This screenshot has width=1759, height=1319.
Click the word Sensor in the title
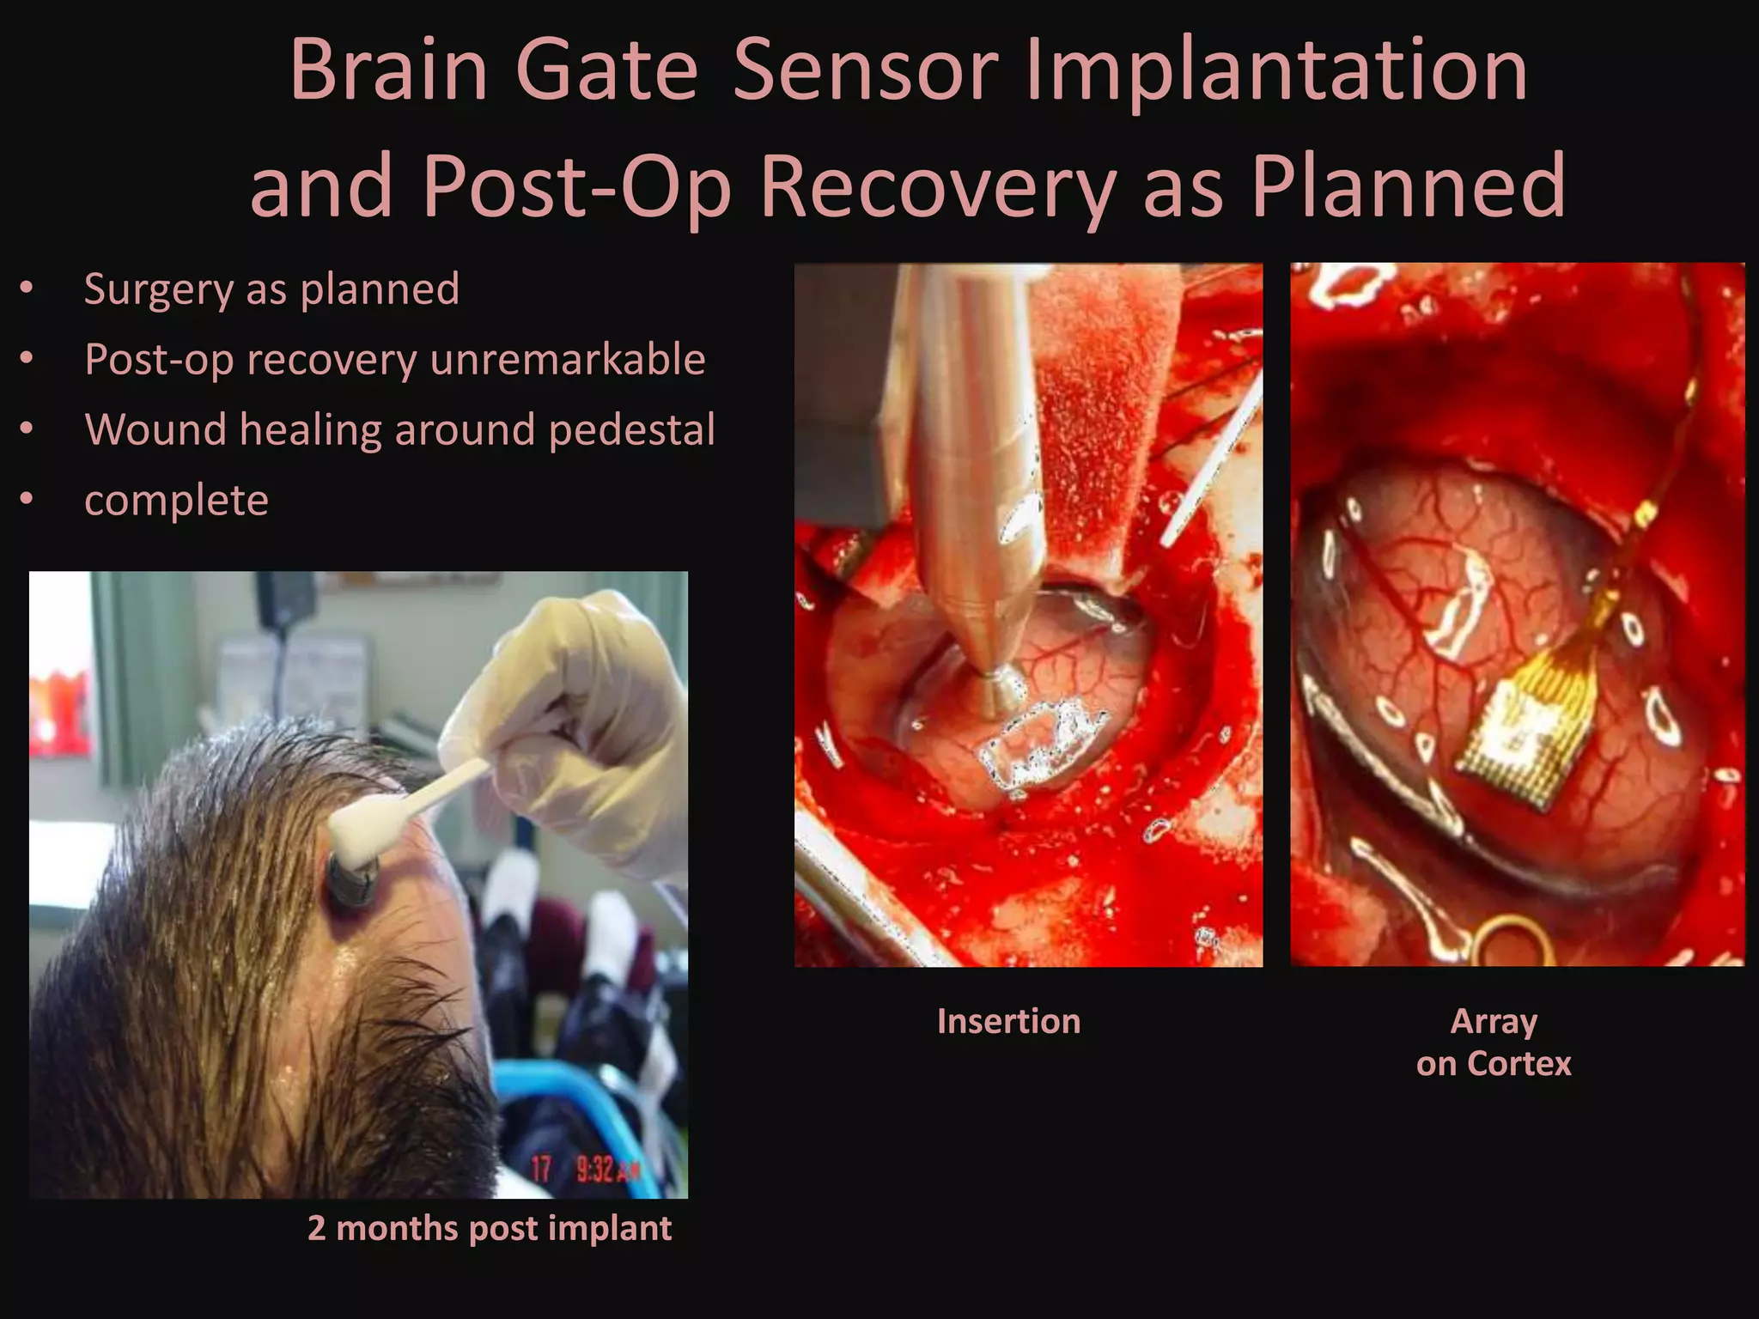pyautogui.click(x=865, y=70)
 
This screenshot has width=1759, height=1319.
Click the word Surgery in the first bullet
pyautogui.click(x=158, y=289)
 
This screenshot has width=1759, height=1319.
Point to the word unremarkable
pyautogui.click(x=568, y=359)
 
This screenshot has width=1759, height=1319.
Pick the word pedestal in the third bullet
pyautogui.click(x=631, y=429)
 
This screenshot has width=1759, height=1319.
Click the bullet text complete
pyautogui.click(x=176, y=500)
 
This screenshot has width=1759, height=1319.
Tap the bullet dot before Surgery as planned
pyautogui.click(x=27, y=289)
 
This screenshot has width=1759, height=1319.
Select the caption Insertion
pyautogui.click(x=1008, y=1021)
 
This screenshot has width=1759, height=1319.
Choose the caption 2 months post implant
pyautogui.click(x=489, y=1228)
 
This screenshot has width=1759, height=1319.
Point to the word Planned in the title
pyautogui.click(x=1409, y=186)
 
